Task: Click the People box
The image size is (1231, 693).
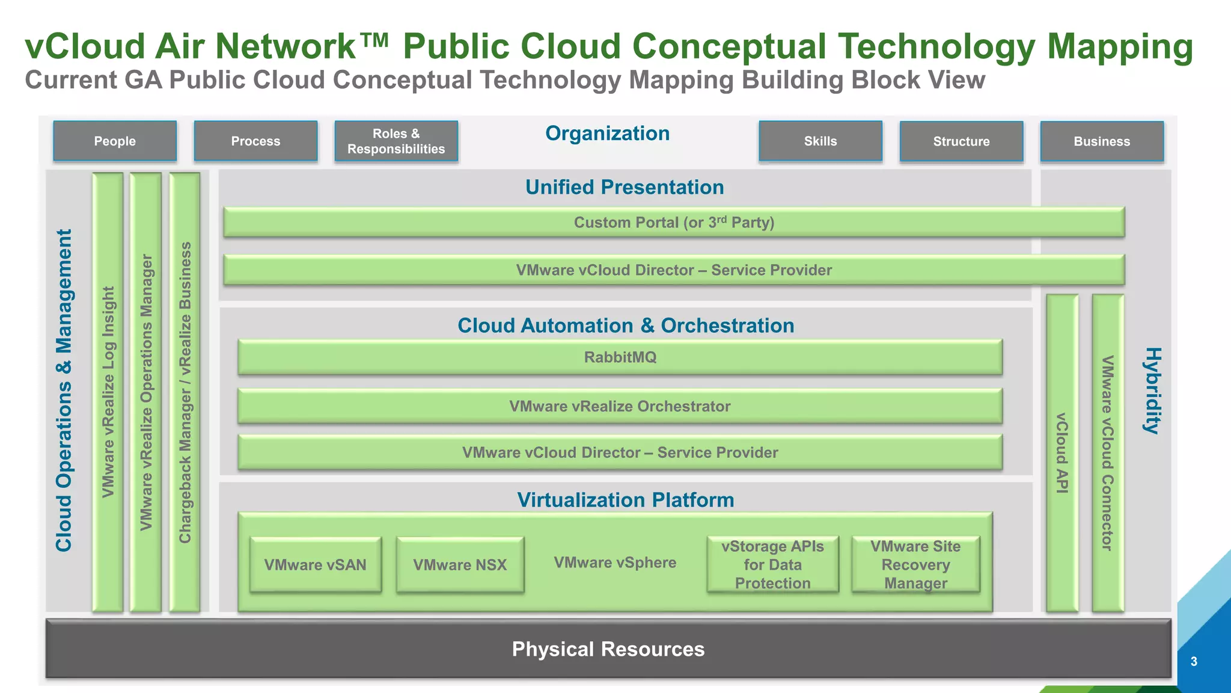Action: click(x=115, y=141)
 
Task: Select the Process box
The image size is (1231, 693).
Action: click(x=255, y=141)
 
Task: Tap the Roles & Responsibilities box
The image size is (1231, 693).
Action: click(x=396, y=141)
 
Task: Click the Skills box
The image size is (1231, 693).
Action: click(x=820, y=141)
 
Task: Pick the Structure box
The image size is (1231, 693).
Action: click(x=961, y=142)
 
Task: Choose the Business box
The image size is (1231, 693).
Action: click(x=1102, y=142)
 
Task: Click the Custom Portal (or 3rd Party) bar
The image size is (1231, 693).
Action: click(x=673, y=223)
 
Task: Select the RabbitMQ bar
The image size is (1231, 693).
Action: click(x=620, y=357)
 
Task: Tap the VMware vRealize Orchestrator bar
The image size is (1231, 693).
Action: click(x=620, y=407)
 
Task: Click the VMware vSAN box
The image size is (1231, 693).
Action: click(x=315, y=565)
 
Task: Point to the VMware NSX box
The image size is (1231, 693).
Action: click(x=460, y=565)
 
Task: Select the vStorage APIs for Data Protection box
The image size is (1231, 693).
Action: click(x=772, y=565)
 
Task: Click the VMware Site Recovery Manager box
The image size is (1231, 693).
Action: click(x=915, y=565)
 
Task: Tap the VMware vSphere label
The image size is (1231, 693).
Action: click(x=615, y=562)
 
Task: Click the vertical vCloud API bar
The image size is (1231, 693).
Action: click(x=1062, y=452)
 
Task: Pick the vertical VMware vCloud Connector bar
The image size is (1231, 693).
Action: click(x=1108, y=452)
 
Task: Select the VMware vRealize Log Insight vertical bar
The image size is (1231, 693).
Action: click(x=108, y=392)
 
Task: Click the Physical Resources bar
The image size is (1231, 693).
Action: click(x=608, y=649)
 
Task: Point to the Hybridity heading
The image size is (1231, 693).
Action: click(x=1152, y=391)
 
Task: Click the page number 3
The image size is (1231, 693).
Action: click(x=1194, y=662)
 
